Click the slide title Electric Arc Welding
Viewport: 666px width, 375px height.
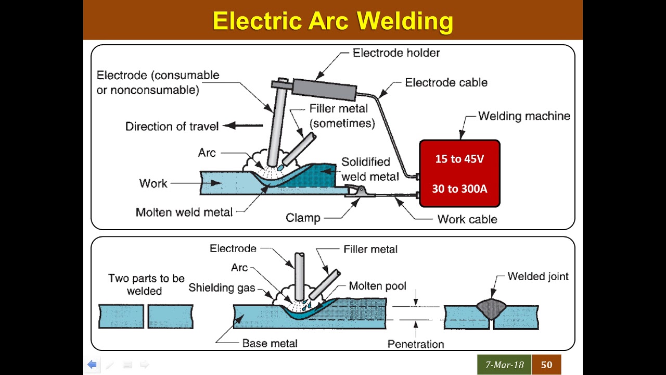point(332,21)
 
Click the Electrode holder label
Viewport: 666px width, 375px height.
point(396,53)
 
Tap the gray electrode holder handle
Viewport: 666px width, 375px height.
point(324,89)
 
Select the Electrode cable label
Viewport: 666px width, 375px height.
point(446,82)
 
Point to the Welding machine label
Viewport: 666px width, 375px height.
point(524,116)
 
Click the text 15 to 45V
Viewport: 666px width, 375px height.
point(459,159)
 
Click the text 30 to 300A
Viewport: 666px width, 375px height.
point(459,189)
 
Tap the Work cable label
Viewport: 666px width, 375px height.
point(467,219)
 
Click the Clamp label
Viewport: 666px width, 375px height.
point(303,217)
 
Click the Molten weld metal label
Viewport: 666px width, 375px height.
point(184,212)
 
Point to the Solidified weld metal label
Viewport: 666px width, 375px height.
point(369,169)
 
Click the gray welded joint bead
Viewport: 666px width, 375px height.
point(491,308)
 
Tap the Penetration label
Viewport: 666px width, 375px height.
point(416,344)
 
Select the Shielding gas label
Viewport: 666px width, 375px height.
point(222,287)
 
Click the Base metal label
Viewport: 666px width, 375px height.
point(270,343)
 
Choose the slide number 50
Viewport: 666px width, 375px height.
point(546,365)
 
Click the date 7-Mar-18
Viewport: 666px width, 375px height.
point(504,365)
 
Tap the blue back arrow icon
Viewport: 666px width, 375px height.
point(92,365)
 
